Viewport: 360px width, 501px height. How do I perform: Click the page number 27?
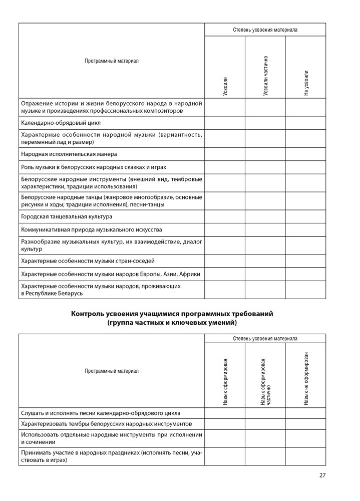click(x=322, y=475)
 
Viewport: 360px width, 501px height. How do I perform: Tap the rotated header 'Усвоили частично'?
click(x=265, y=76)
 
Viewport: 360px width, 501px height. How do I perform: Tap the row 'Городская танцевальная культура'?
click(x=67, y=216)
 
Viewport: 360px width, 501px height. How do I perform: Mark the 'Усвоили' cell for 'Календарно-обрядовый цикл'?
click(x=225, y=122)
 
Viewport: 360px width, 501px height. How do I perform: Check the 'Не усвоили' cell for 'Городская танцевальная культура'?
click(x=305, y=216)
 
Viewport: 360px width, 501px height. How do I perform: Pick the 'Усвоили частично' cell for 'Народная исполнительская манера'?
click(x=265, y=154)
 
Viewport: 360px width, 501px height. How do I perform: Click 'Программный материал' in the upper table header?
click(x=112, y=61)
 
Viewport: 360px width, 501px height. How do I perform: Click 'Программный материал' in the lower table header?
click(x=112, y=371)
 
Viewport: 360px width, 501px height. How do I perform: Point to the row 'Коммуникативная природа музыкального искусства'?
click(x=92, y=229)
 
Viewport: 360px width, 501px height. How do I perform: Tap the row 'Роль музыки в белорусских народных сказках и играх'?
click(x=94, y=167)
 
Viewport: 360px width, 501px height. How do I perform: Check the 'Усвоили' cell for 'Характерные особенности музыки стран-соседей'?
click(x=225, y=261)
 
